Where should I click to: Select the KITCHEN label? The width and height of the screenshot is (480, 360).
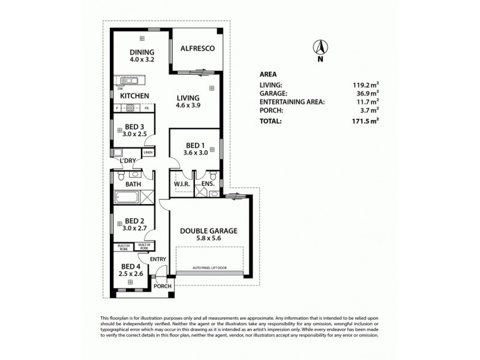(134, 96)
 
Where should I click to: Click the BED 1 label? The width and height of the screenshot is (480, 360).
(196, 146)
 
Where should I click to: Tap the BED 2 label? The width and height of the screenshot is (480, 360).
(134, 220)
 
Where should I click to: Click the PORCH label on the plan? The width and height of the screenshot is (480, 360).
(163, 286)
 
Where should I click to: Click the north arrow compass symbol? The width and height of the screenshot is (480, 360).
(320, 47)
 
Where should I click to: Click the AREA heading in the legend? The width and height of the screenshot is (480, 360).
(268, 74)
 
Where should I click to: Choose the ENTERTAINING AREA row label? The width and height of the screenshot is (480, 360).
(292, 102)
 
